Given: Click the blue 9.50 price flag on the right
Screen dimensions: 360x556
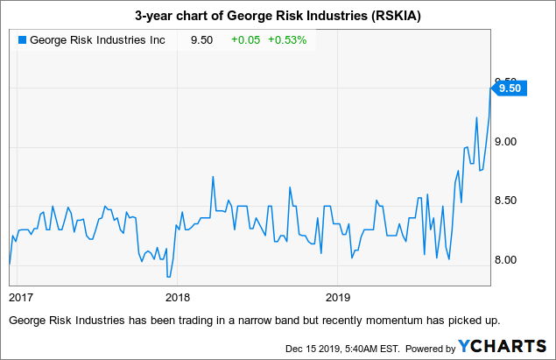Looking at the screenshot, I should pyautogui.click(x=509, y=88).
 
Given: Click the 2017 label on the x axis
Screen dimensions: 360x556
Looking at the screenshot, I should pyautogui.click(x=21, y=295).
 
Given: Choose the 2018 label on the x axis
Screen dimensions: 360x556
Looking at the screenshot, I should pyautogui.click(x=178, y=295).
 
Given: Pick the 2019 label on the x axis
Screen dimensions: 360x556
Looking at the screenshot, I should pyautogui.click(x=338, y=295).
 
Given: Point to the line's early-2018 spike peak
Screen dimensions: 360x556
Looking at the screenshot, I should pyautogui.click(x=214, y=177).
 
